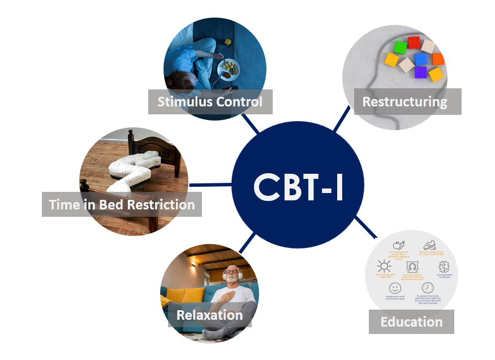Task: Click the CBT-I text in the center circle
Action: pos(298,187)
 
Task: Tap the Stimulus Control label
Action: pos(210,102)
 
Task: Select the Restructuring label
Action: pos(404,102)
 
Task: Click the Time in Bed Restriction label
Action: pos(122,204)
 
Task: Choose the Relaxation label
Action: pos(209,315)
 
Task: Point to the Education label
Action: pos(411,322)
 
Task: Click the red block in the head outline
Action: pos(414,42)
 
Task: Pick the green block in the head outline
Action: pos(400,47)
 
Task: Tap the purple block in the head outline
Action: pos(420,72)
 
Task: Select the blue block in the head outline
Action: pos(420,59)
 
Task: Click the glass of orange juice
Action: pos(227,41)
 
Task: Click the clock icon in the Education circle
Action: pos(427,288)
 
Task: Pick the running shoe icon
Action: pos(430,245)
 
